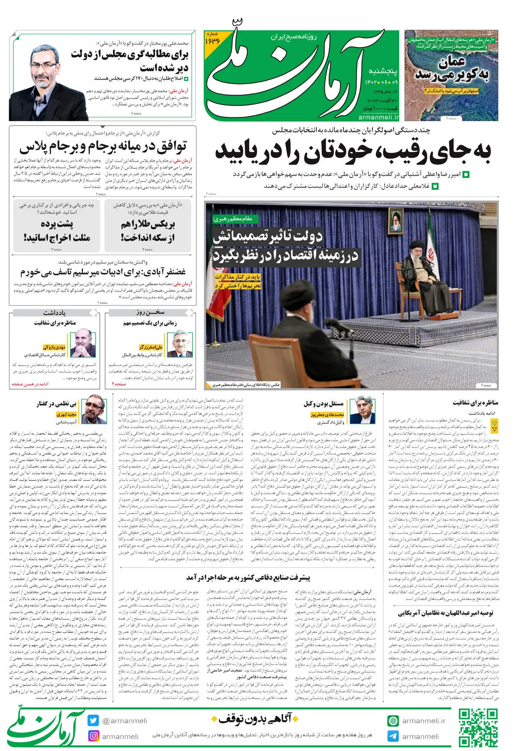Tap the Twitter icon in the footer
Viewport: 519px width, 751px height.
click(x=93, y=721)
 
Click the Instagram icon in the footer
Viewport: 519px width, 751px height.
click(x=93, y=735)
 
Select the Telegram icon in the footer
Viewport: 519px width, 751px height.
click(x=393, y=736)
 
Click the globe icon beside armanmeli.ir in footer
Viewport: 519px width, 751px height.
click(x=393, y=721)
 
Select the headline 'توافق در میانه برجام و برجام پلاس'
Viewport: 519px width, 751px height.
click(x=103, y=147)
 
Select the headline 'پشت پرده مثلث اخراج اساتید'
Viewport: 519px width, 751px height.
click(x=57, y=231)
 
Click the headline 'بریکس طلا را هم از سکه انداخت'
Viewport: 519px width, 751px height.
click(x=148, y=231)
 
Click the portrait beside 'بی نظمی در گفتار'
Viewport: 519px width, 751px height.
click(x=95, y=409)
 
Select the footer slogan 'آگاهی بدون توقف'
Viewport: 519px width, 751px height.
click(x=255, y=719)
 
